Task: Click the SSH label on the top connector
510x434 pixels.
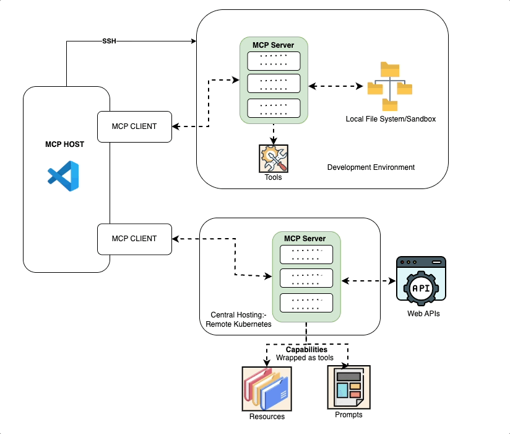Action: point(109,42)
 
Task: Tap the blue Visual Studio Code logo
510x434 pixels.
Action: point(64,176)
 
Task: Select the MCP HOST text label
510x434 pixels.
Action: point(64,144)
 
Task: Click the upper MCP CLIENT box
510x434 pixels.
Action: point(134,126)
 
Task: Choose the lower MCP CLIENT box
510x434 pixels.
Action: point(134,239)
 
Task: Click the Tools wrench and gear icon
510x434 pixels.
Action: point(273,158)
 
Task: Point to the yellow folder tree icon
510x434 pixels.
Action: point(389,86)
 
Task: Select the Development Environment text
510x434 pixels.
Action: point(371,167)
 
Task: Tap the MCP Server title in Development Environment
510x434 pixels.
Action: point(273,45)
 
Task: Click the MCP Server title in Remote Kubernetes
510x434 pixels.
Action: point(305,239)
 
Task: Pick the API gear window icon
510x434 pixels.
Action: point(421,281)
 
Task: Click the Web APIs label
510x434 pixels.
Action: point(423,314)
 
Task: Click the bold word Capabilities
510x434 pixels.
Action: point(306,350)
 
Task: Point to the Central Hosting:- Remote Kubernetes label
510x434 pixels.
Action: point(238,319)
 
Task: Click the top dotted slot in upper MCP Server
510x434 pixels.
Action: point(273,61)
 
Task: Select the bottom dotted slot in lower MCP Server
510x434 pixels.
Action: point(306,303)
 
